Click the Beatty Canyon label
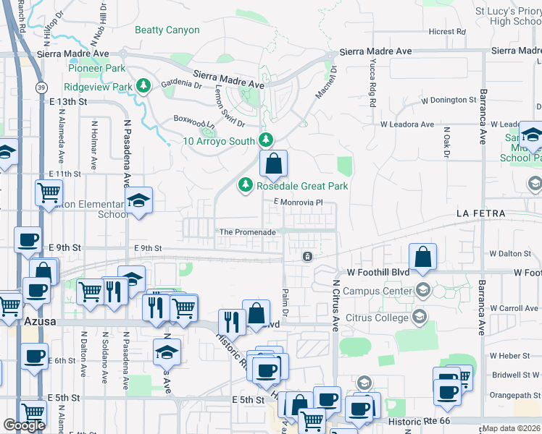167,30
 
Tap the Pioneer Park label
96,69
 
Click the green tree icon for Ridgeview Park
144,87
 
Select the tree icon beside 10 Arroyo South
267,140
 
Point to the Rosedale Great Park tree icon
246,186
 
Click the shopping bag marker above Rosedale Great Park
273,164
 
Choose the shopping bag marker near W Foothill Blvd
422,257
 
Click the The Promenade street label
248,232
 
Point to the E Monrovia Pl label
297,203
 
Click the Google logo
24,425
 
